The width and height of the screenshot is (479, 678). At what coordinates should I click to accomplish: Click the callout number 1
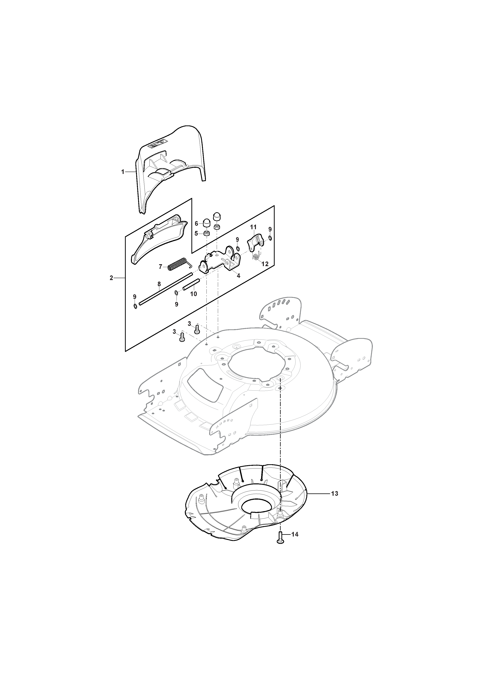123,172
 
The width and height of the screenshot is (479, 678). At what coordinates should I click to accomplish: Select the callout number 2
111,278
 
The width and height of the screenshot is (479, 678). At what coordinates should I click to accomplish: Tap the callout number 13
334,493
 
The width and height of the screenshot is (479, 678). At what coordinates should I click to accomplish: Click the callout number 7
161,267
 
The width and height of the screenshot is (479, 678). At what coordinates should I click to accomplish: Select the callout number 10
193,294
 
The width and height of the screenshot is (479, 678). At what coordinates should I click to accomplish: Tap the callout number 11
253,227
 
